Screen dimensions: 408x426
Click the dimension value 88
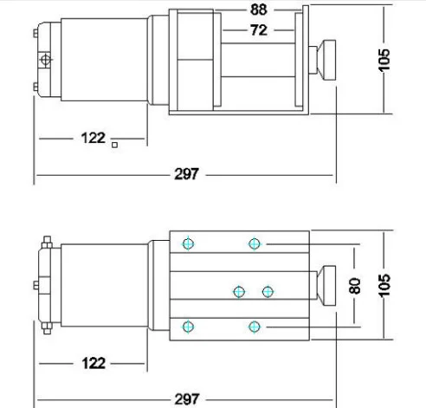coord(257,11)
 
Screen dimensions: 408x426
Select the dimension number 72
coord(257,29)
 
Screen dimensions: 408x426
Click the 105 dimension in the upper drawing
coord(385,59)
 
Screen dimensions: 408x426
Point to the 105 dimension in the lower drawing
coord(385,282)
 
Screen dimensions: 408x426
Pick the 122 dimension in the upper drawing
coord(94,138)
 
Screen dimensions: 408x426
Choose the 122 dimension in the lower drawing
coord(94,363)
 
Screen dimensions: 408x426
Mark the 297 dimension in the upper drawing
coord(186,174)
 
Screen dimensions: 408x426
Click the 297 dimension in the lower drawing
coord(186,398)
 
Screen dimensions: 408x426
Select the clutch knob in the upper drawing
coord(328,59)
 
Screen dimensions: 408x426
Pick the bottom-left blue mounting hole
coord(188,326)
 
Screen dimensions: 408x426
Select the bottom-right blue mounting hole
coord(254,326)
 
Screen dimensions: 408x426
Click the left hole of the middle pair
coord(239,291)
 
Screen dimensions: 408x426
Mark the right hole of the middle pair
coord(268,291)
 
